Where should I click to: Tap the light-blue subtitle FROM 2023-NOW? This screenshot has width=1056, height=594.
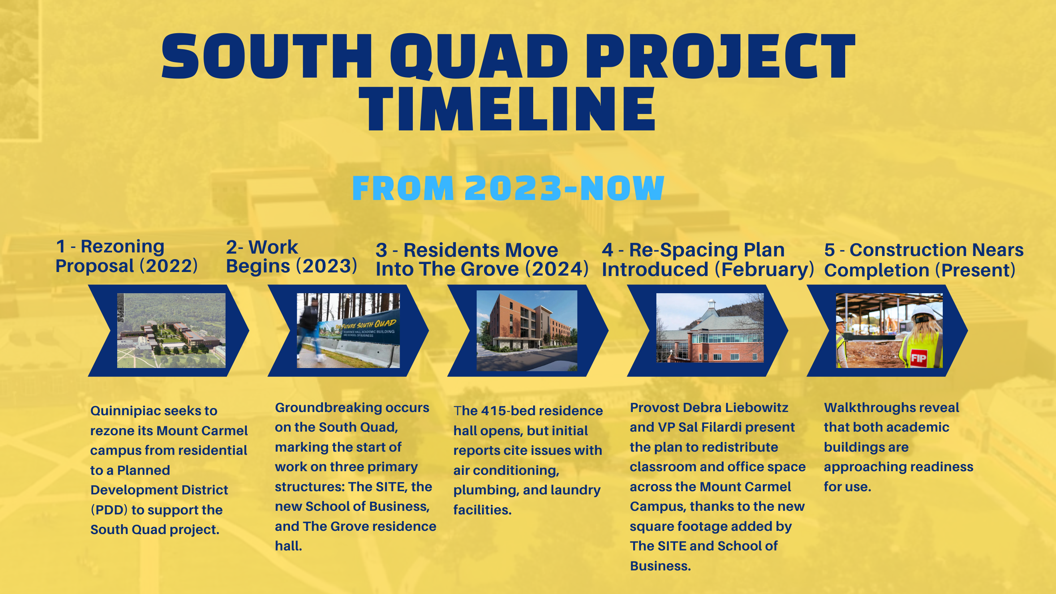tap(508, 188)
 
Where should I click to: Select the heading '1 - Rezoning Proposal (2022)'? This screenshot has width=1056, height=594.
tap(127, 256)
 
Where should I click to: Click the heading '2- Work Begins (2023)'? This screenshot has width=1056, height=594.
tap(292, 257)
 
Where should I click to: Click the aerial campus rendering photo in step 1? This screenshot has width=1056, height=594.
tap(171, 330)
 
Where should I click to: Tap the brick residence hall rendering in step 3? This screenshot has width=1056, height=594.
tap(527, 330)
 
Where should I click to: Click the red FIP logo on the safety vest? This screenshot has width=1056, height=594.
tap(918, 358)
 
